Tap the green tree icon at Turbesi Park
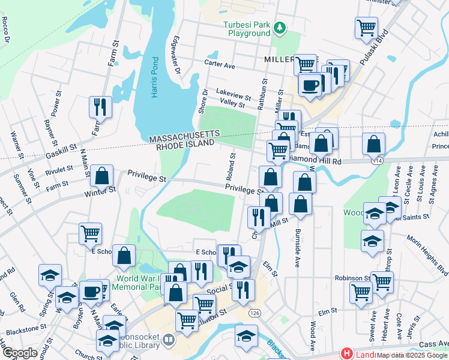(x=279, y=28)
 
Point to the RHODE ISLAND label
(x=185, y=145)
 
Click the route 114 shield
(x=377, y=161)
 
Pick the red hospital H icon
(x=346, y=354)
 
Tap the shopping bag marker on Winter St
(x=102, y=176)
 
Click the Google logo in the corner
(x=19, y=353)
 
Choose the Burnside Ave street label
(x=297, y=247)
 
